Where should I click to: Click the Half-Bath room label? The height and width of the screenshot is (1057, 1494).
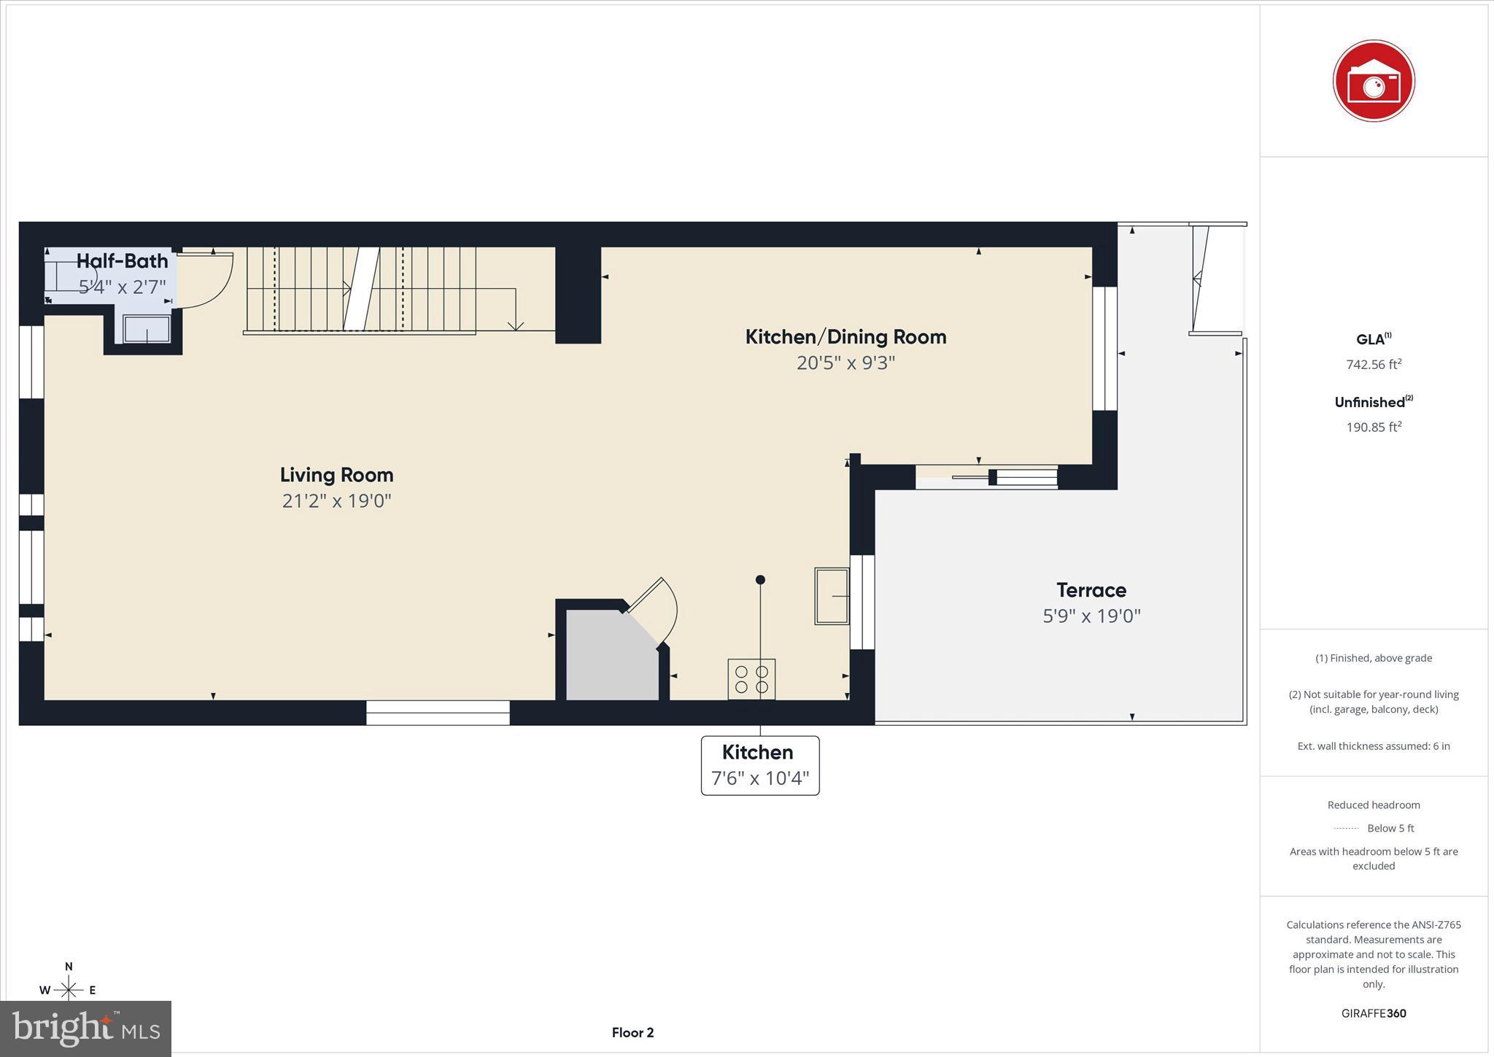(122, 261)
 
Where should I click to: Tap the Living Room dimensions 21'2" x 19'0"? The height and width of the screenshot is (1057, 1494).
(336, 501)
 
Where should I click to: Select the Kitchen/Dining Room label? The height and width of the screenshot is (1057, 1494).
(845, 337)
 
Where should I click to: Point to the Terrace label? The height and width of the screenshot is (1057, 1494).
(1091, 590)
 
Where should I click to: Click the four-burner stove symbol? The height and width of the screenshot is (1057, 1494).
(751, 679)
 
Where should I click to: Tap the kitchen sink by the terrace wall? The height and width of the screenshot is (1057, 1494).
(832, 597)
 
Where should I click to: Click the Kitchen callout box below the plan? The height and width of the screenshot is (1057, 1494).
(759, 765)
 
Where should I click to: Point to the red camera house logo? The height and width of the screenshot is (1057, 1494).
(1373, 81)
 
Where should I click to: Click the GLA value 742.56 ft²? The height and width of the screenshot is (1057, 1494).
(1374, 365)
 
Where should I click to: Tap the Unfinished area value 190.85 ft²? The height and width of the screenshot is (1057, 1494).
(1374, 427)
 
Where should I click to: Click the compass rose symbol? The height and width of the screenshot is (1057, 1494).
(69, 989)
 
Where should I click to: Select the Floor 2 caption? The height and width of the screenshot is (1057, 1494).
(632, 1033)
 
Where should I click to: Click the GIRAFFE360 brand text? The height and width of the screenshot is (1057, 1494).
(1374, 1013)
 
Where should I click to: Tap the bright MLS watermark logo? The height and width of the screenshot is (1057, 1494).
(85, 1029)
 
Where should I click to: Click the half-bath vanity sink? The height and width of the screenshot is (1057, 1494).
(147, 330)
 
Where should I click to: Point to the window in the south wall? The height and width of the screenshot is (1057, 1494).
(438, 713)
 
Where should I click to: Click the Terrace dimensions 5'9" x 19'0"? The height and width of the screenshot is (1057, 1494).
(1091, 616)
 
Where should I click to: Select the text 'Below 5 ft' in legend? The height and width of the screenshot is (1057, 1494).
(1390, 829)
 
